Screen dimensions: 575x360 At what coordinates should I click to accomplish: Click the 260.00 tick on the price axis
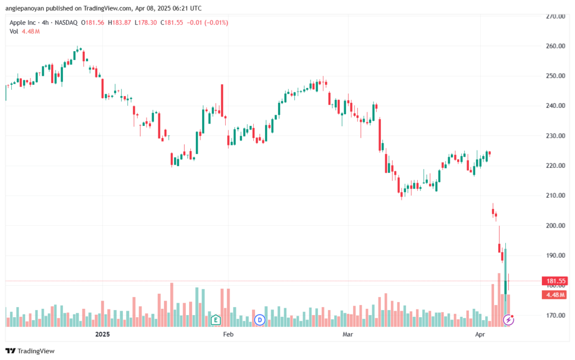point(555,46)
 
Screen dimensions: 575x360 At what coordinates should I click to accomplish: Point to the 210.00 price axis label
point(555,195)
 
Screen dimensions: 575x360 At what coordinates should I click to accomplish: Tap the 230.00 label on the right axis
point(555,136)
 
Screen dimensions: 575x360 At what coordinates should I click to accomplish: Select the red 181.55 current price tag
point(555,281)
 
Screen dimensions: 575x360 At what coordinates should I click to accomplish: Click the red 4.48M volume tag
point(555,295)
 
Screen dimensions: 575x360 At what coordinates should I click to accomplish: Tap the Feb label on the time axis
point(228,334)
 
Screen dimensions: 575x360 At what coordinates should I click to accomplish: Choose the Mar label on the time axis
point(348,334)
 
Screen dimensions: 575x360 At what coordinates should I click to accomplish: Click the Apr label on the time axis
point(480,334)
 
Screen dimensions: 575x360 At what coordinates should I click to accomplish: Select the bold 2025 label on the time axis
point(102,334)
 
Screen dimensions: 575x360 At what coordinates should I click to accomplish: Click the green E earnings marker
point(216,320)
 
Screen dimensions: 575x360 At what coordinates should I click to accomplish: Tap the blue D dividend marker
point(259,320)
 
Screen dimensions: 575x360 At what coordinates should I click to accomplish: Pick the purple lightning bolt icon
point(508,320)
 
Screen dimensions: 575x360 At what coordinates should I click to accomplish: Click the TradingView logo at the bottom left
point(30,351)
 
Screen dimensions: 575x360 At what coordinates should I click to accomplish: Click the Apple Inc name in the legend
point(22,22)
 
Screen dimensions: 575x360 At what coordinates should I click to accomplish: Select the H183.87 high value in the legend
point(119,22)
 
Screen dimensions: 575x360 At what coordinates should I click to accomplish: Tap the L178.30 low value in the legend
point(145,22)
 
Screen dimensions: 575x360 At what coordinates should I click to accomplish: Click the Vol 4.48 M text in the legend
point(25,31)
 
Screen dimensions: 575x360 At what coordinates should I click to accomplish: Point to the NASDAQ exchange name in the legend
point(66,22)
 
